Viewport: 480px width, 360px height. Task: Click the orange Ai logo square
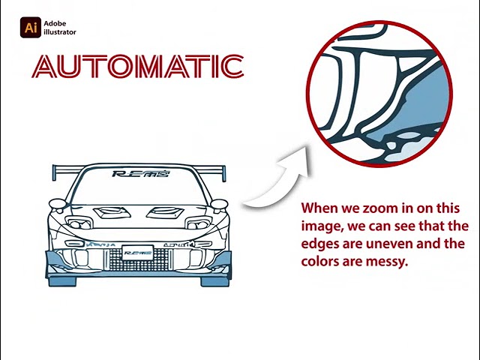31,28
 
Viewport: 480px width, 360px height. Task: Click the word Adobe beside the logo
55,24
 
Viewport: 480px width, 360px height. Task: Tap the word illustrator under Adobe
60,32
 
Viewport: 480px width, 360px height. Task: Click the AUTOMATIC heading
139,67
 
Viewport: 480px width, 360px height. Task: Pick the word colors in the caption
320,262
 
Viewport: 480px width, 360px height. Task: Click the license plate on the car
137,252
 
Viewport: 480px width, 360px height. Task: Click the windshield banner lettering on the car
140,174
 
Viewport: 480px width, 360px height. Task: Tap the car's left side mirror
56,203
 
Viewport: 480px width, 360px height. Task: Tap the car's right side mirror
218,203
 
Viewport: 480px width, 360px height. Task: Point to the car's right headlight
197,223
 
